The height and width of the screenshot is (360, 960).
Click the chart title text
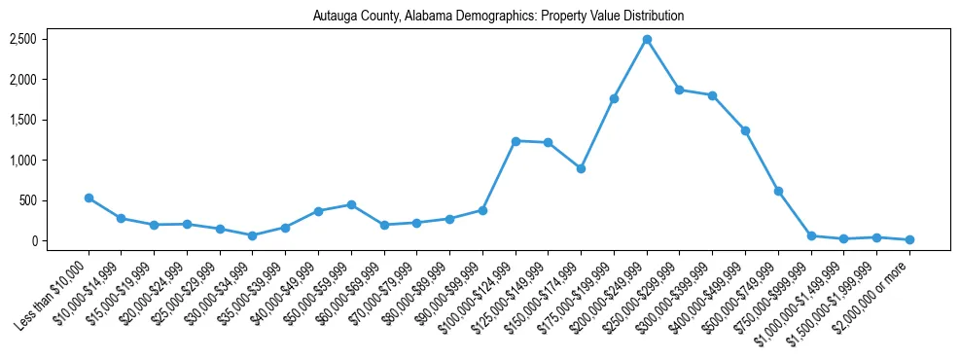[x=498, y=16]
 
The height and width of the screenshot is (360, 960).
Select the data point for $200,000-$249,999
[x=647, y=39]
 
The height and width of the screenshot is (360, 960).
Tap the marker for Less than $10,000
[x=89, y=198]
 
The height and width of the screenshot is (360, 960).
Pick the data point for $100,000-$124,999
[x=516, y=141]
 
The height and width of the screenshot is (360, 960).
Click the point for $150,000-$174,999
[x=581, y=168]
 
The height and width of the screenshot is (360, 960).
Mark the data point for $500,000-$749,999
[x=778, y=191]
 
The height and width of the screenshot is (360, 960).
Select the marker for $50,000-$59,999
[x=351, y=204]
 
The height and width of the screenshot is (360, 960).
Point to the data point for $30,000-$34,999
[x=253, y=235]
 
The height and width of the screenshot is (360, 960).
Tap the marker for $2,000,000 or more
[x=909, y=239]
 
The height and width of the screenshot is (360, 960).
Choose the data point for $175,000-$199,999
[x=614, y=98]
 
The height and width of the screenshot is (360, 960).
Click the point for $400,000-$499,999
[x=745, y=130]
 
